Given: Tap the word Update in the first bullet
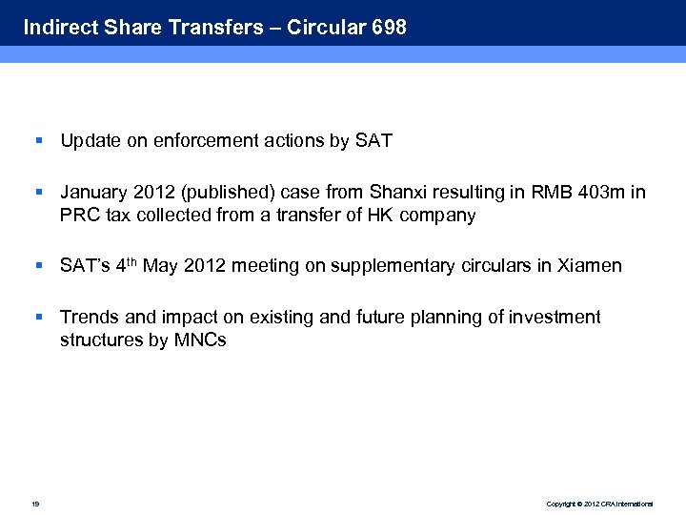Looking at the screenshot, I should [x=90, y=141].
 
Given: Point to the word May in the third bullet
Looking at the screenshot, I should [x=160, y=266].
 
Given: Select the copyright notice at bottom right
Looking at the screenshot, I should [x=599, y=503].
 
